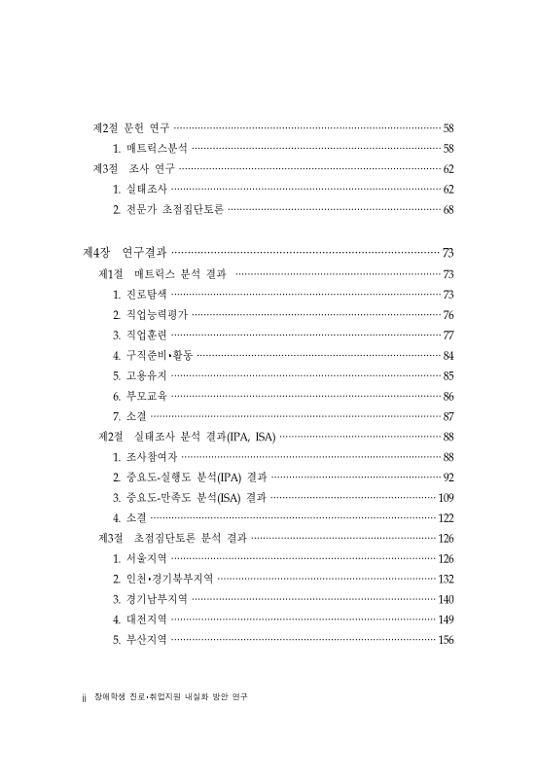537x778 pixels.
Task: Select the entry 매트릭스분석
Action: [150, 148]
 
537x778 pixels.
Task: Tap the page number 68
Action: [448, 209]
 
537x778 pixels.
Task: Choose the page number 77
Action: [448, 335]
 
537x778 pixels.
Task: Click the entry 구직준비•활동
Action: [153, 355]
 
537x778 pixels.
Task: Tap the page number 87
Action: [448, 416]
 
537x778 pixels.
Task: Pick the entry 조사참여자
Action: [145, 457]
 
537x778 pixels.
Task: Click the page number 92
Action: [448, 477]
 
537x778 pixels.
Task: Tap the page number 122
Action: [446, 518]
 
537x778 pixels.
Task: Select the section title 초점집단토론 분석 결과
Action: [171, 538]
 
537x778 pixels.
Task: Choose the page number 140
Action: [446, 599]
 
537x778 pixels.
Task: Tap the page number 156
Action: [446, 640]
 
